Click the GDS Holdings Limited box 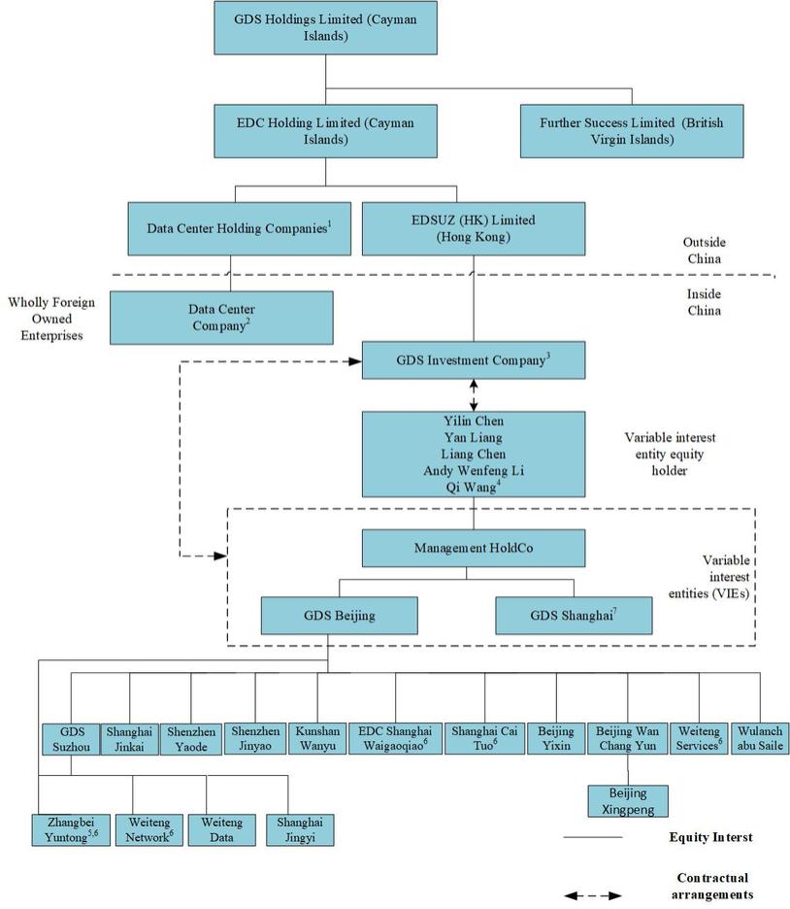tap(324, 27)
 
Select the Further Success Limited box tap(632, 131)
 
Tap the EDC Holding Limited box tap(324, 131)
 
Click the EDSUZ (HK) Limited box tap(474, 228)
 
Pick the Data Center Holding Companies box tap(239, 228)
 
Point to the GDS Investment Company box tap(474, 360)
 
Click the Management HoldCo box tap(474, 548)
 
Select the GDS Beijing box tap(339, 616)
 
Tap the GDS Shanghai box tap(574, 616)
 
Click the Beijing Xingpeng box tap(628, 800)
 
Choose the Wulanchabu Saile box tap(760, 738)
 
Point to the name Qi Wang tap(471, 487)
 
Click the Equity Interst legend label tap(710, 837)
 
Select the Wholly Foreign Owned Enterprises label tap(51, 319)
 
